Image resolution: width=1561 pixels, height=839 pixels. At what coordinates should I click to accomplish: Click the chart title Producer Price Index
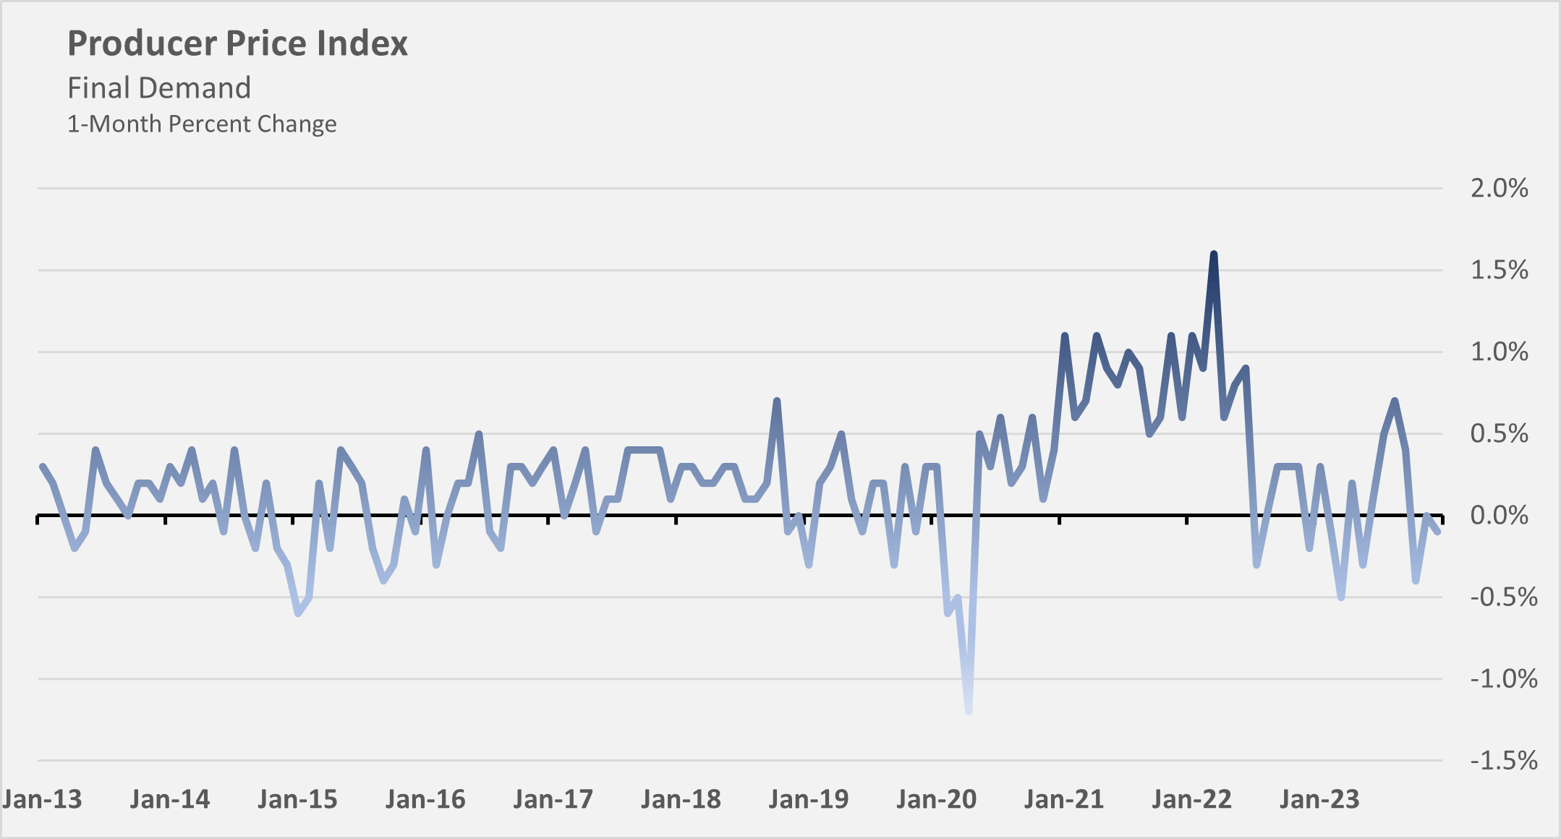click(x=237, y=43)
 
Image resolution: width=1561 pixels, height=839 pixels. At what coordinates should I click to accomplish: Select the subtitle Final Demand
click(x=159, y=88)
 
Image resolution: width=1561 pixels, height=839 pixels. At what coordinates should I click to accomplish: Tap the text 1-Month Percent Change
click(x=202, y=124)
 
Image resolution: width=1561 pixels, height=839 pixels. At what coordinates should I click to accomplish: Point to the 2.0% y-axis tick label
click(x=1499, y=189)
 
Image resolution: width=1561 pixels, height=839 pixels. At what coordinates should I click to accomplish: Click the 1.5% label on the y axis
click(x=1499, y=271)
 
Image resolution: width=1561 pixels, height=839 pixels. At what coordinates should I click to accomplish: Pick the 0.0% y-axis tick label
click(x=1499, y=516)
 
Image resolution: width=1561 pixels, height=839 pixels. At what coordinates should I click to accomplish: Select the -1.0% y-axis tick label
click(x=1503, y=679)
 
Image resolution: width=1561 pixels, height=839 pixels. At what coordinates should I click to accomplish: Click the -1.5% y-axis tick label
click(x=1503, y=761)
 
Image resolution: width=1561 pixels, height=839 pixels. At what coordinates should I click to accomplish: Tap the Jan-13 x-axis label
click(x=42, y=800)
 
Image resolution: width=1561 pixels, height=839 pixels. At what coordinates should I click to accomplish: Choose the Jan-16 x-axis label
click(x=425, y=800)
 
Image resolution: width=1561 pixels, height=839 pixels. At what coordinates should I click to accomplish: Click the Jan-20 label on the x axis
click(x=936, y=800)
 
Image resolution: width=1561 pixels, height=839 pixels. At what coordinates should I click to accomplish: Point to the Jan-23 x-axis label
click(x=1319, y=800)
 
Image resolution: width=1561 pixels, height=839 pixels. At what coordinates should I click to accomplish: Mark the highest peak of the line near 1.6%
click(x=1214, y=255)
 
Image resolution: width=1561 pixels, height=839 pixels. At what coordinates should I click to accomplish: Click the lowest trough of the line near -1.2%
click(x=969, y=711)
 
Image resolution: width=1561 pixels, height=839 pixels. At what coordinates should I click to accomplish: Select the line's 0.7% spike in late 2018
click(x=777, y=401)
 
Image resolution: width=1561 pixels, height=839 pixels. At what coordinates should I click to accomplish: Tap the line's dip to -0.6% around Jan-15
click(x=298, y=613)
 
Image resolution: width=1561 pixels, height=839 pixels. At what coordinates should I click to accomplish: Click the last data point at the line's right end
click(x=1437, y=532)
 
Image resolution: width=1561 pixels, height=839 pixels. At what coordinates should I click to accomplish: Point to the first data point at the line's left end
click(x=42, y=467)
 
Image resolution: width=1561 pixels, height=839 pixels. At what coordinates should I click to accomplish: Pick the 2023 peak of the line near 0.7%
click(x=1395, y=401)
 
